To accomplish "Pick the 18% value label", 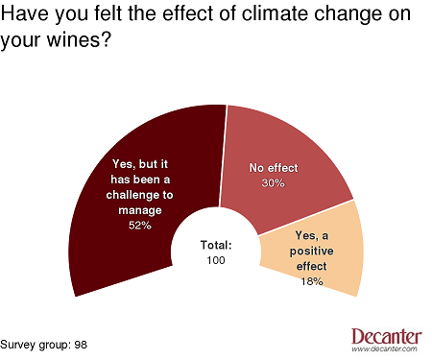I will [310, 281].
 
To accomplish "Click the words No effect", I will [273, 168].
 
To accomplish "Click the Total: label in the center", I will [216, 244].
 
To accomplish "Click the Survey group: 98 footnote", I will [44, 343].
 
